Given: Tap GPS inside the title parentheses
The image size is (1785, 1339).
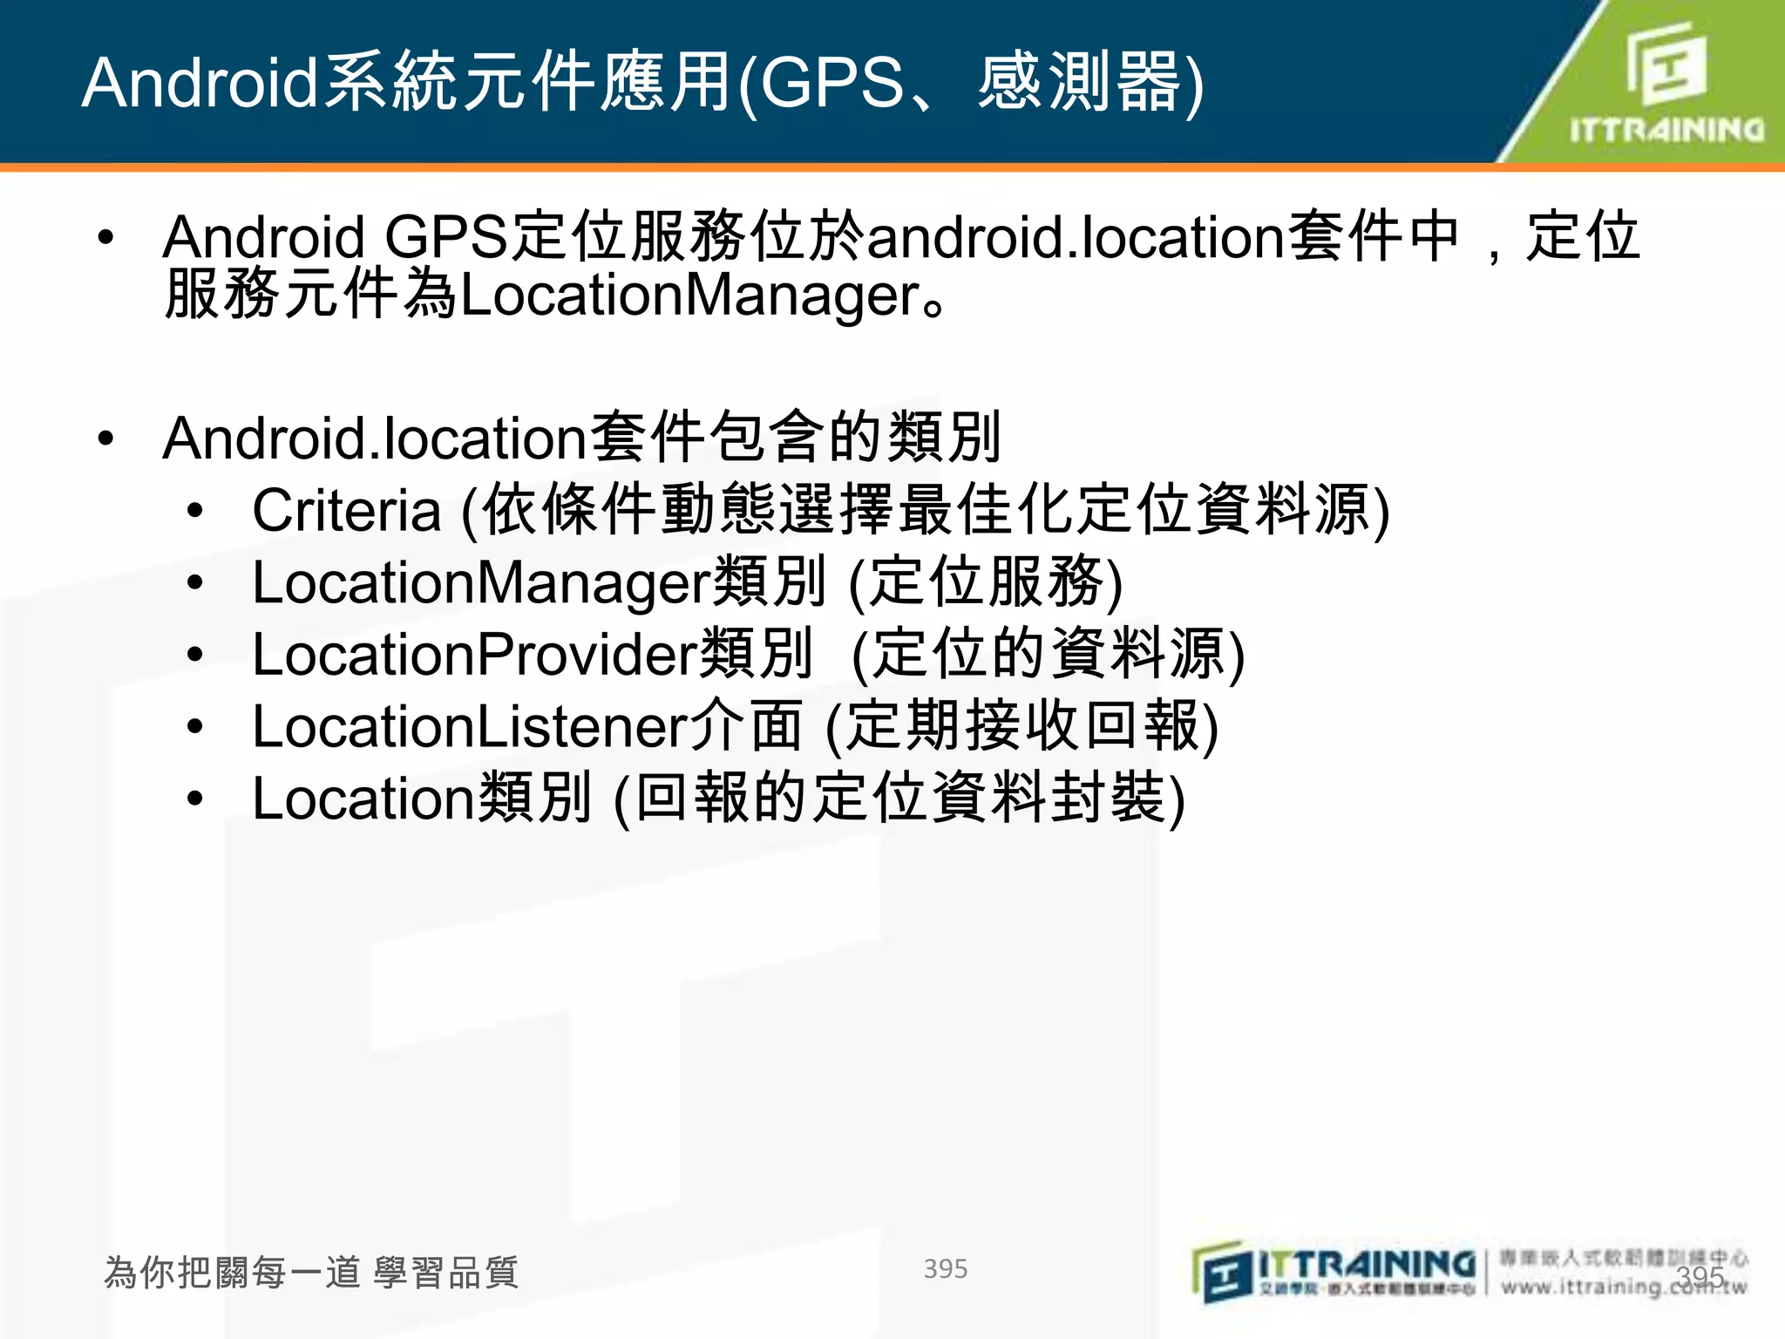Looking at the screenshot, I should coord(832,84).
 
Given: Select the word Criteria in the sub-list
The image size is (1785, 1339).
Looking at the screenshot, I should coord(346,510).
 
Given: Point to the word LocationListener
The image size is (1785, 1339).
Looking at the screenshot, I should coord(470,727).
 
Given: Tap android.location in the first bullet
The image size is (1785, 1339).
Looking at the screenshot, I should coord(1076,238).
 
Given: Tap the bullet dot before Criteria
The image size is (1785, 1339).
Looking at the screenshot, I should coord(195,511).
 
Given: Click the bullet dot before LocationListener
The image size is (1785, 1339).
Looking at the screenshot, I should coord(195,727).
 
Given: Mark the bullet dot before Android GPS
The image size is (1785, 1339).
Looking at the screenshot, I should coord(106,238).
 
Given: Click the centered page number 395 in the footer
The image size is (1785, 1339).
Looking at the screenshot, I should coord(946,1269).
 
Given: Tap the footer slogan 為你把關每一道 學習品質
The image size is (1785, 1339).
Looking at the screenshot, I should coord(311,1273).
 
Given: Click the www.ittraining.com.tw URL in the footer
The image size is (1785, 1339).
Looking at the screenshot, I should coord(1623,1287).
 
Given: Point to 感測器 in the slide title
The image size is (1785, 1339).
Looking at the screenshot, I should coord(1081,84).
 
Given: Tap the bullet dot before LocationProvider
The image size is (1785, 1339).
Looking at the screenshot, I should coord(195,655).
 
